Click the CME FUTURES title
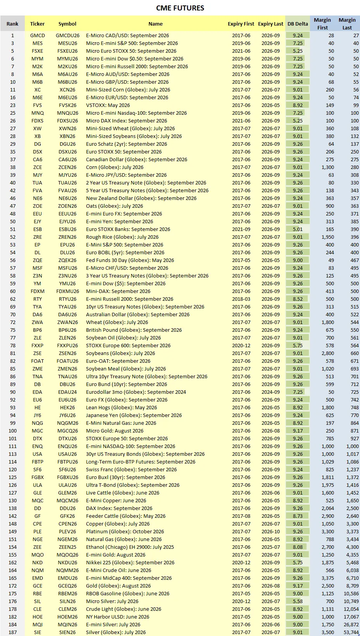pos(180,8)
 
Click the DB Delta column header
pos(298,24)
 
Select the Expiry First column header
pos(241,24)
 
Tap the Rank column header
pos(12,24)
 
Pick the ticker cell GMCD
pos(38,35)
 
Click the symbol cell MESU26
pos(67,43)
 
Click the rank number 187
pos(12,632)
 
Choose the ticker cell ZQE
pos(38,260)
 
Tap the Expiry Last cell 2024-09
pos(270,392)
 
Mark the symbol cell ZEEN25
pos(67,547)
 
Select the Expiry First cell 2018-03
pos(241,299)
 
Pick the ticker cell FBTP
pos(38,462)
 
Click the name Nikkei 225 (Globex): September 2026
pos(130,562)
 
